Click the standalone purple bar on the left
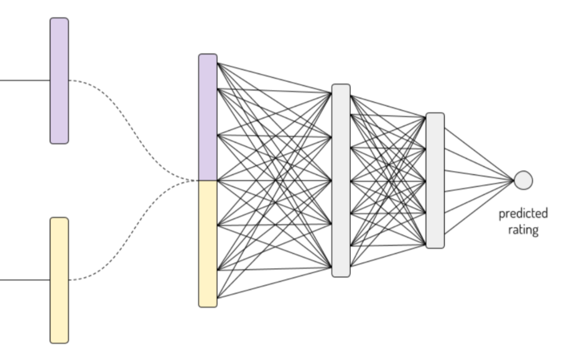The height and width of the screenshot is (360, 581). pyautogui.click(x=59, y=81)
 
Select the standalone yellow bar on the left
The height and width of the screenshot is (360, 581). pyautogui.click(x=59, y=280)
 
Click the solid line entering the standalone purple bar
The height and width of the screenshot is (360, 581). pyautogui.click(x=25, y=81)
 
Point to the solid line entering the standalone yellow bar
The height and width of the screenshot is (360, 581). pyautogui.click(x=25, y=280)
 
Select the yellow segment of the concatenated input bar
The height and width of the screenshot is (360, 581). pyautogui.click(x=208, y=242)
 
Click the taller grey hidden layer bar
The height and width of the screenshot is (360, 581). pyautogui.click(x=341, y=180)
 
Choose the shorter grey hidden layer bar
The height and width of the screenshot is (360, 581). pyautogui.click(x=435, y=180)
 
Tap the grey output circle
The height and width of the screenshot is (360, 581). pyautogui.click(x=523, y=180)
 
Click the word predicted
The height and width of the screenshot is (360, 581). pyautogui.click(x=523, y=214)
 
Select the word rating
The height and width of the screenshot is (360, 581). pyautogui.click(x=523, y=229)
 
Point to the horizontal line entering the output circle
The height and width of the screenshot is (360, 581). pyautogui.click(x=479, y=180)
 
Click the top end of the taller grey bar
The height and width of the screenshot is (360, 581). pyautogui.click(x=341, y=87)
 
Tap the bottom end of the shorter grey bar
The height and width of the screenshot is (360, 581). pyautogui.click(x=435, y=245)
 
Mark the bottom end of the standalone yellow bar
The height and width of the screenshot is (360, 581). pyautogui.click(x=59, y=340)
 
